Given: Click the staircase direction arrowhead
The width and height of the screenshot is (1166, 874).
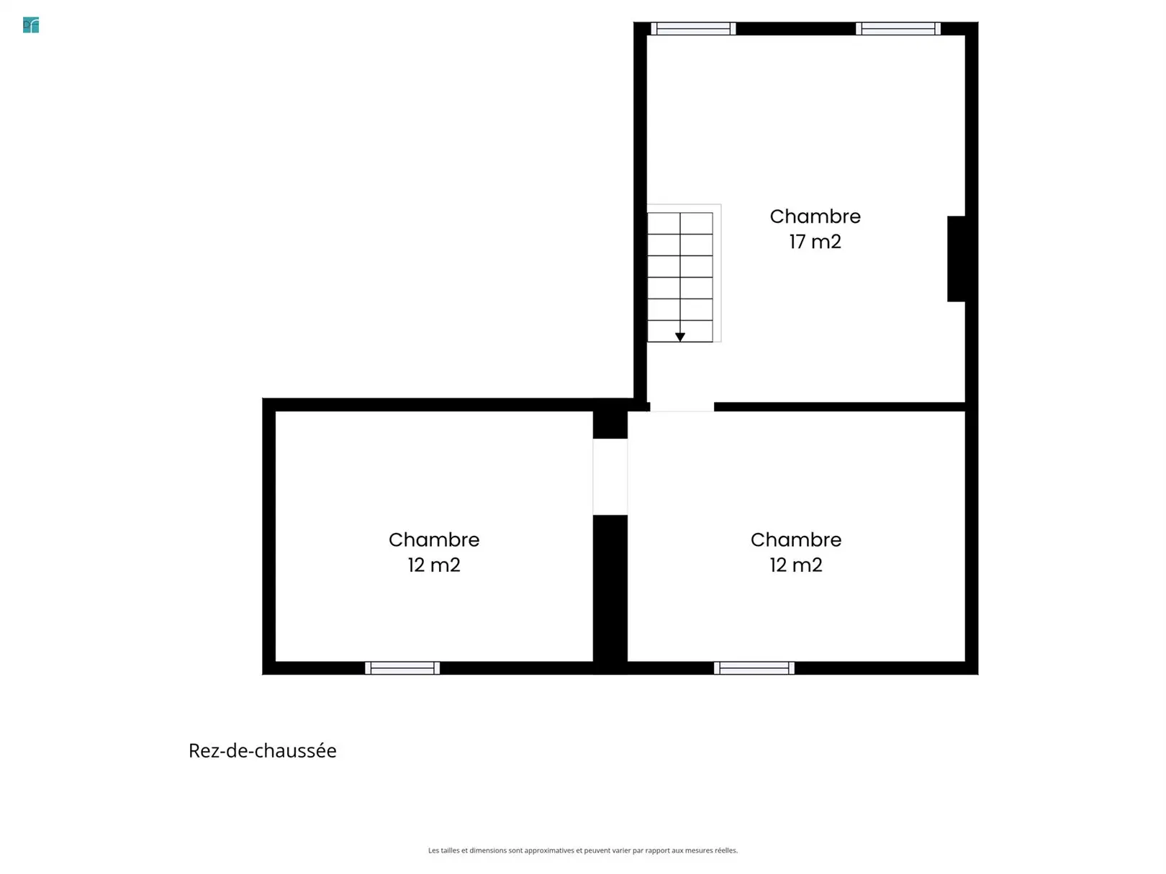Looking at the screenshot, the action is pos(679,337).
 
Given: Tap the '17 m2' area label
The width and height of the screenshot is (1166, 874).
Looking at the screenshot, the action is pos(815,242).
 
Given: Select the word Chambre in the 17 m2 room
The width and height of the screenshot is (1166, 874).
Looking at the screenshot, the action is pos(815,216).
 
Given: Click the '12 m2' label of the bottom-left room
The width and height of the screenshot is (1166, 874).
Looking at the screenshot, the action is pos(433,565).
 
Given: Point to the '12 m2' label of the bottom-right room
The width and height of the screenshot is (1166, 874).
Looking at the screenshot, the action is pos(796,565).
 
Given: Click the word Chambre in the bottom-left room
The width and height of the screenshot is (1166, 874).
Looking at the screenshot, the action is pos(433,540).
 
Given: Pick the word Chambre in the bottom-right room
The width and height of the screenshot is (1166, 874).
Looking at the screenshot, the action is pos(796,540).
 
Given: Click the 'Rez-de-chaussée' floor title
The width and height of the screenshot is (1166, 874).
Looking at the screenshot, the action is pos(263,750).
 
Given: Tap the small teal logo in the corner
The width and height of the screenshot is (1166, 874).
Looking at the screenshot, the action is pos(31,25).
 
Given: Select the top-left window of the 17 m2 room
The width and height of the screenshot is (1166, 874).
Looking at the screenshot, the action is pos(693,29).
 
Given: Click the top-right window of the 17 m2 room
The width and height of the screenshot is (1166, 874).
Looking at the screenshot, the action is pos(898,29).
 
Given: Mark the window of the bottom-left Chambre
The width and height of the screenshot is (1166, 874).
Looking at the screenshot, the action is pos(402,668).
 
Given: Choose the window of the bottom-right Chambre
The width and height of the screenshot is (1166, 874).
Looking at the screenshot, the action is pos(754,668).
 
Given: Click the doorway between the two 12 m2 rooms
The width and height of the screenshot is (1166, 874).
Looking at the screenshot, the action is pos(610,476).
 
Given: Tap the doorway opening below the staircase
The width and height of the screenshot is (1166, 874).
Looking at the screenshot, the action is pos(682,407).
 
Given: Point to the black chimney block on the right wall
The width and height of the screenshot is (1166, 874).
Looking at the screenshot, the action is pos(956,259).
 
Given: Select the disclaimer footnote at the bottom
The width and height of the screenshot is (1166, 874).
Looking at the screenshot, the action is pos(583,850).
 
